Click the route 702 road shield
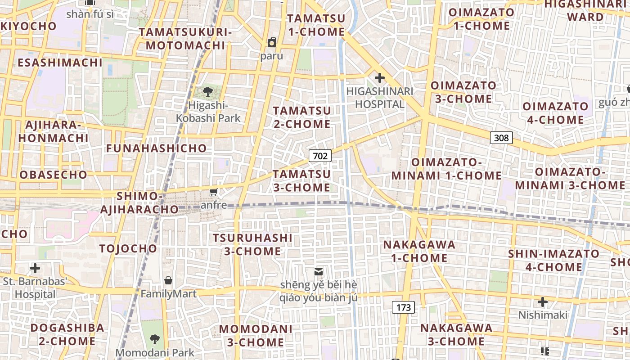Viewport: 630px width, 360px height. tap(320, 156)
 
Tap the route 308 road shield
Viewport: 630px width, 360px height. tap(501, 138)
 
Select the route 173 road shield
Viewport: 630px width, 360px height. tap(403, 308)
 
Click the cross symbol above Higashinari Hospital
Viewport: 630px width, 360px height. tap(380, 78)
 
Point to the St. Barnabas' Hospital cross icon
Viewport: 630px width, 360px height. tap(35, 269)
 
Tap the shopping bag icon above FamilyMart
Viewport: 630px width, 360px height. tap(168, 281)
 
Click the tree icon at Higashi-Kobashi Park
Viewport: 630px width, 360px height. tap(208, 92)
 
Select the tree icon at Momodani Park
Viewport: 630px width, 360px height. tap(155, 339)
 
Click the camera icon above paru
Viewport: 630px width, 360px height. tap(272, 43)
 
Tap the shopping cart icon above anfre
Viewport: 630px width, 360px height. tap(214, 192)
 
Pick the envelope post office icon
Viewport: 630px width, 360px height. tap(319, 272)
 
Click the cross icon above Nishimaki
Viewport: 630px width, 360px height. tap(543, 301)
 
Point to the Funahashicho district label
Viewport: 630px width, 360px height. tap(156, 148)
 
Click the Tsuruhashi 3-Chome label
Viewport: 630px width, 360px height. tap(252, 244)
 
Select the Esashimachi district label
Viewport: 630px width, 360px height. tap(60, 63)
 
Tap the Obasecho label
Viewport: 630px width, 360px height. tap(54, 175)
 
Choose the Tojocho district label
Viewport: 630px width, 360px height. tap(128, 248)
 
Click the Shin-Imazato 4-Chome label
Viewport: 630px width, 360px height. tap(554, 260)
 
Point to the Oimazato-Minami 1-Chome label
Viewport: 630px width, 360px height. tap(446, 169)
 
